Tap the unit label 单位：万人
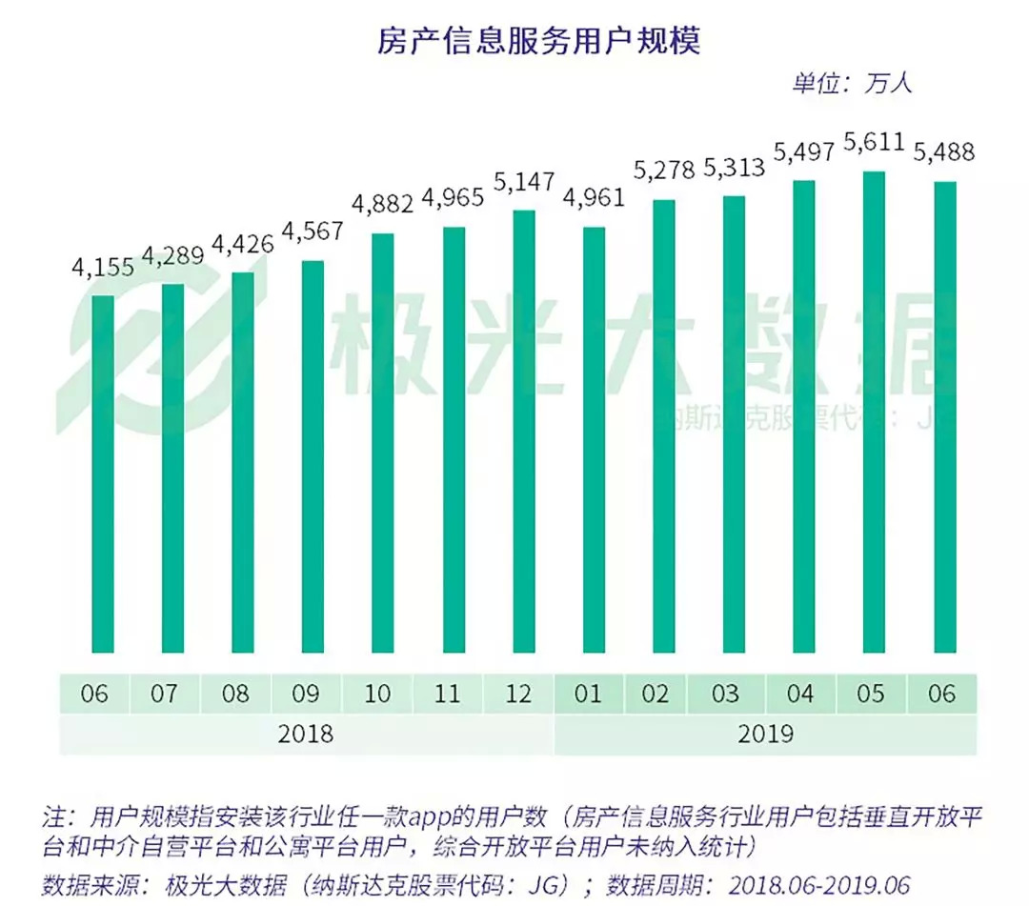pos(850,83)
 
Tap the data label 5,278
pos(663,172)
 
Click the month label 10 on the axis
pos(378,694)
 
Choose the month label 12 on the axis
pos(518,694)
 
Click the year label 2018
pos(305,735)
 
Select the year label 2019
pos(764,735)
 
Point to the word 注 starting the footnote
pos(53,817)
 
